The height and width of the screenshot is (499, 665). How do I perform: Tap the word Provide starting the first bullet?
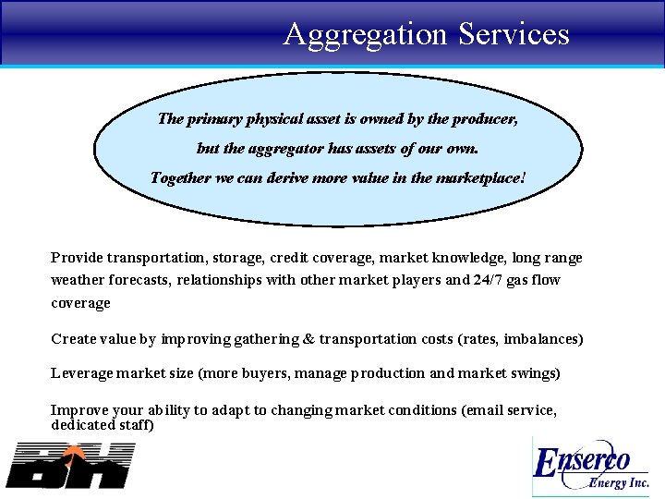click(x=77, y=258)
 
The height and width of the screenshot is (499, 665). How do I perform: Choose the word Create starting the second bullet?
click(x=73, y=339)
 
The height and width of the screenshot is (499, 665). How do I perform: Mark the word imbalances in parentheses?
click(x=538, y=339)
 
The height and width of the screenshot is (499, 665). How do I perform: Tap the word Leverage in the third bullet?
click(x=81, y=373)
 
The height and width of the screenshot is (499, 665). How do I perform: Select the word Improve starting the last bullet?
click(x=78, y=409)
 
